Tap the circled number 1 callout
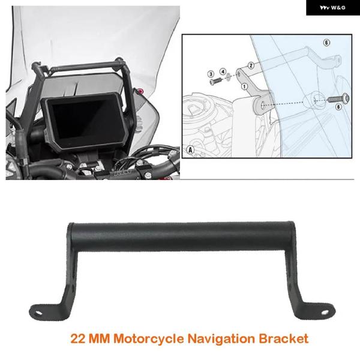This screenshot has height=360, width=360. click(x=245, y=86)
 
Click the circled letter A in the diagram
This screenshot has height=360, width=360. click(x=191, y=149)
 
